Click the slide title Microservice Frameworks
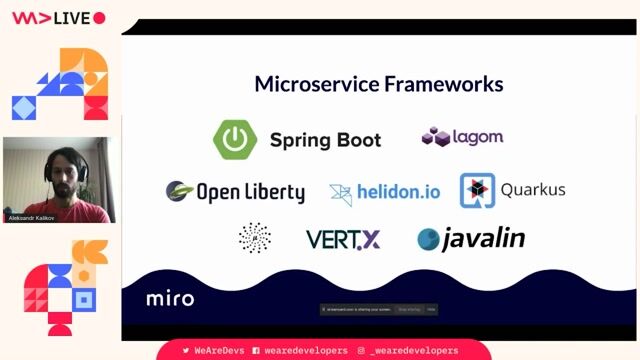[x=378, y=84]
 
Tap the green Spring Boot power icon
[x=235, y=139]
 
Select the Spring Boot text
[x=325, y=140]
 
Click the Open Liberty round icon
[x=179, y=190]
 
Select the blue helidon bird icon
[x=341, y=193]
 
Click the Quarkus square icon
[x=477, y=190]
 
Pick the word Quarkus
[x=532, y=190]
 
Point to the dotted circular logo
[x=255, y=238]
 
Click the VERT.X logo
[x=342, y=240]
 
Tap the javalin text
[x=483, y=239]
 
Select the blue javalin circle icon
[x=429, y=239]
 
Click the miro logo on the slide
[x=170, y=298]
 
